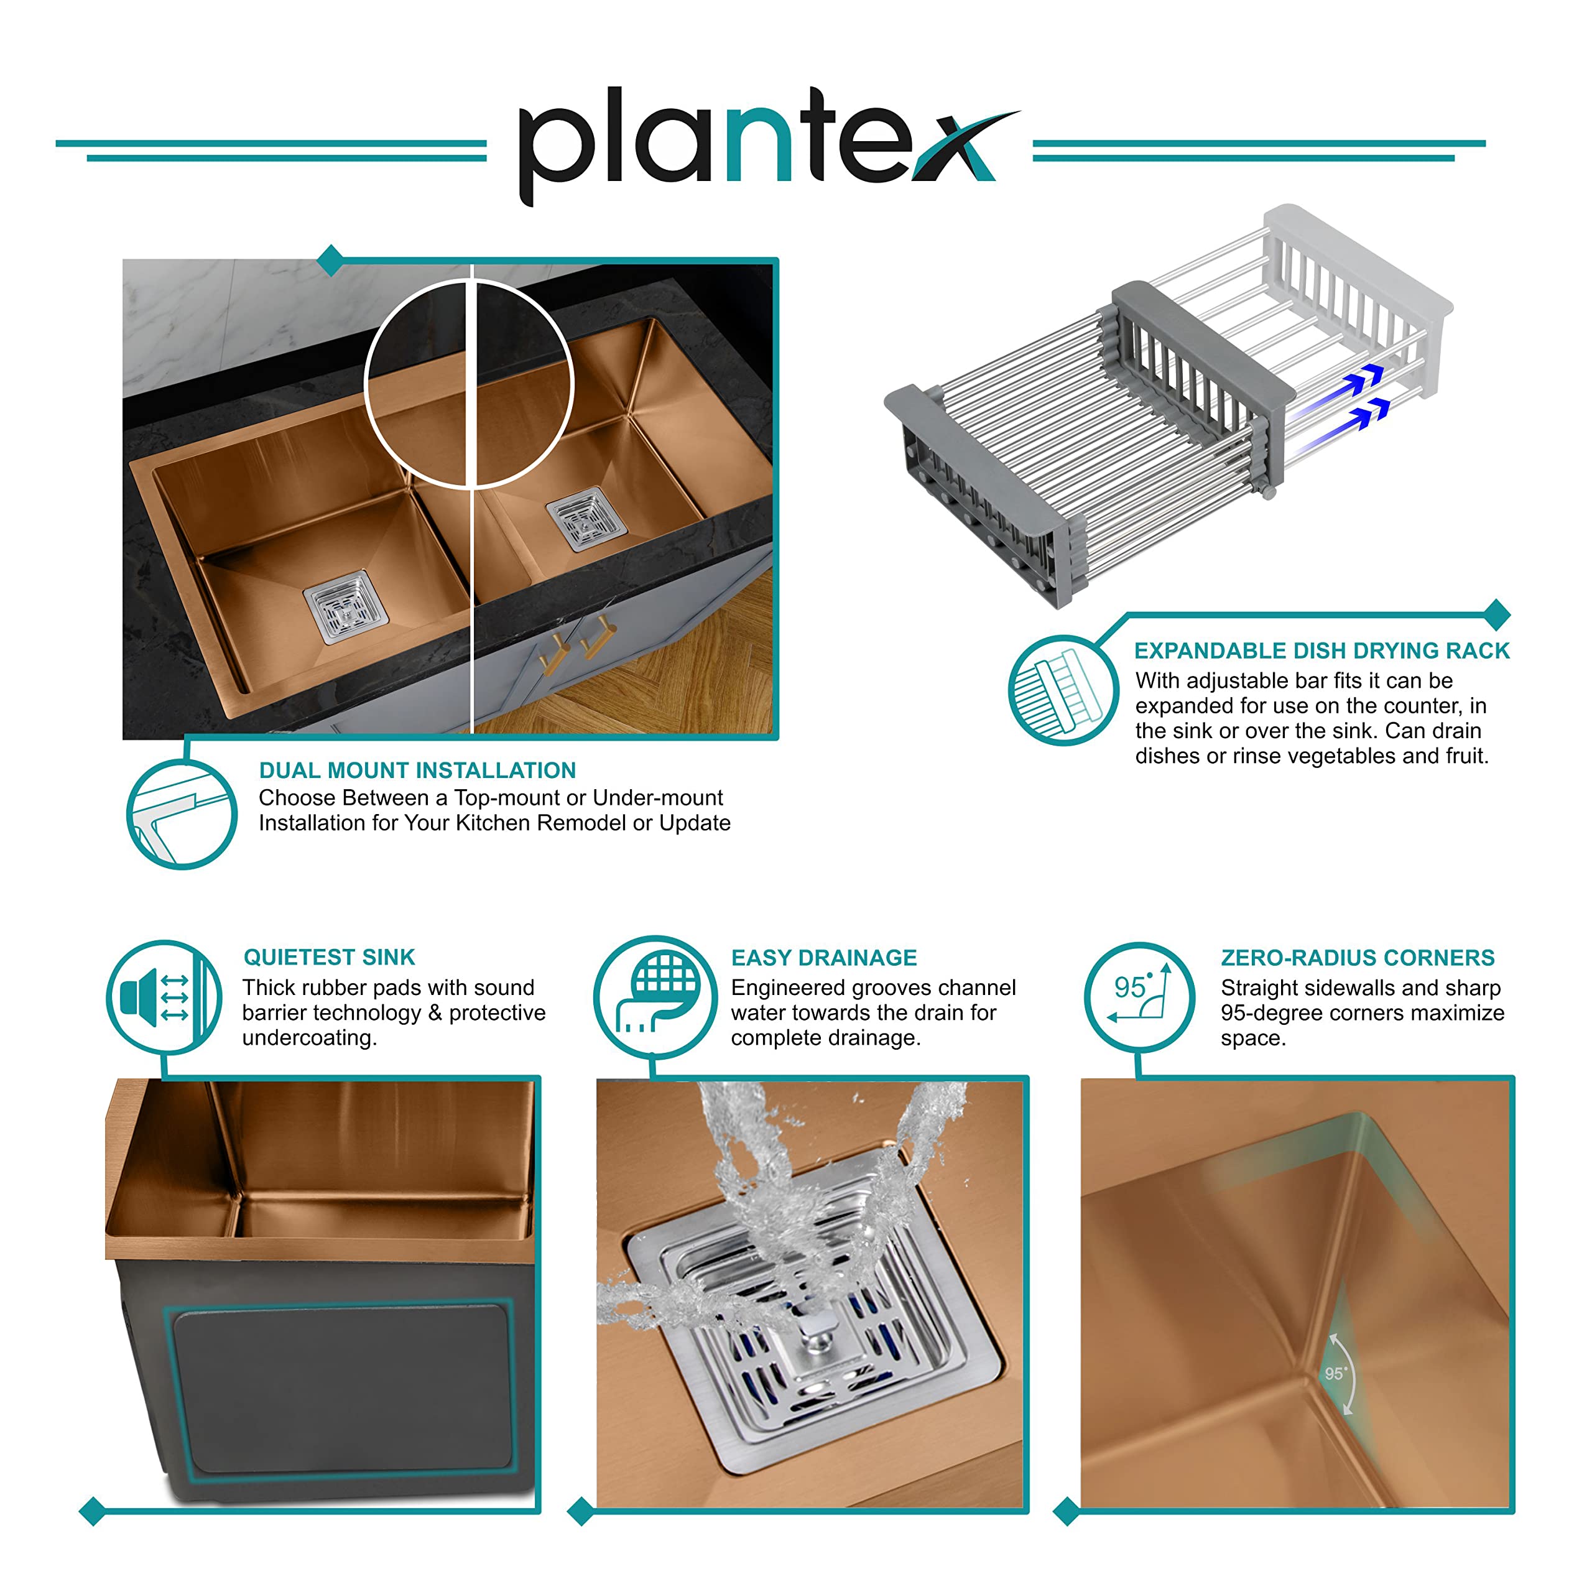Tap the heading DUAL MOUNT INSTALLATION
click(417, 771)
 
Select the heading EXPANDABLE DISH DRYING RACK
click(1321, 651)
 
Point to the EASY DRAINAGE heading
click(824, 958)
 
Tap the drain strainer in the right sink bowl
click(586, 519)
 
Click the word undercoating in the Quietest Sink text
click(309, 1037)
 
